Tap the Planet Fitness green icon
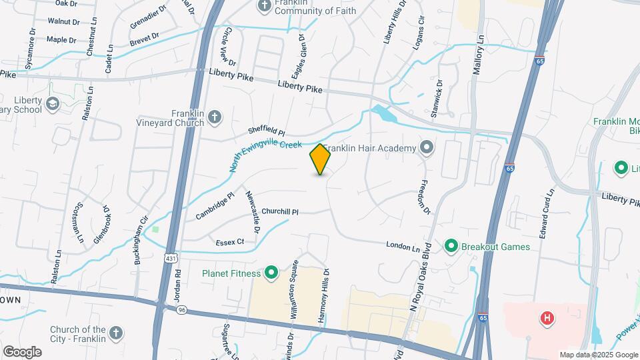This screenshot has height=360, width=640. pyautogui.click(x=271, y=273)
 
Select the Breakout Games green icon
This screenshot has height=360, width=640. pyautogui.click(x=451, y=247)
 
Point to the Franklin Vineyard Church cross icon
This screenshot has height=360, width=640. pyautogui.click(x=214, y=118)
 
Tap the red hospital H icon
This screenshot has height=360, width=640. pyautogui.click(x=547, y=318)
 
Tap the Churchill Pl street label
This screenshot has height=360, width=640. pyautogui.click(x=280, y=212)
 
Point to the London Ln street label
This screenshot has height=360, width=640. pyautogui.click(x=403, y=247)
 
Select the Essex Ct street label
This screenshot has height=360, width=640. pyautogui.click(x=230, y=242)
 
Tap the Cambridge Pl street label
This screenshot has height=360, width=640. pyautogui.click(x=215, y=207)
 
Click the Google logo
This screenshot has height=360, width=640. pyautogui.click(x=22, y=352)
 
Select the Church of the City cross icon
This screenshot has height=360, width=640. pyautogui.click(x=116, y=332)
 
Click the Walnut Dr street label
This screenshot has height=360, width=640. pyautogui.click(x=63, y=21)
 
